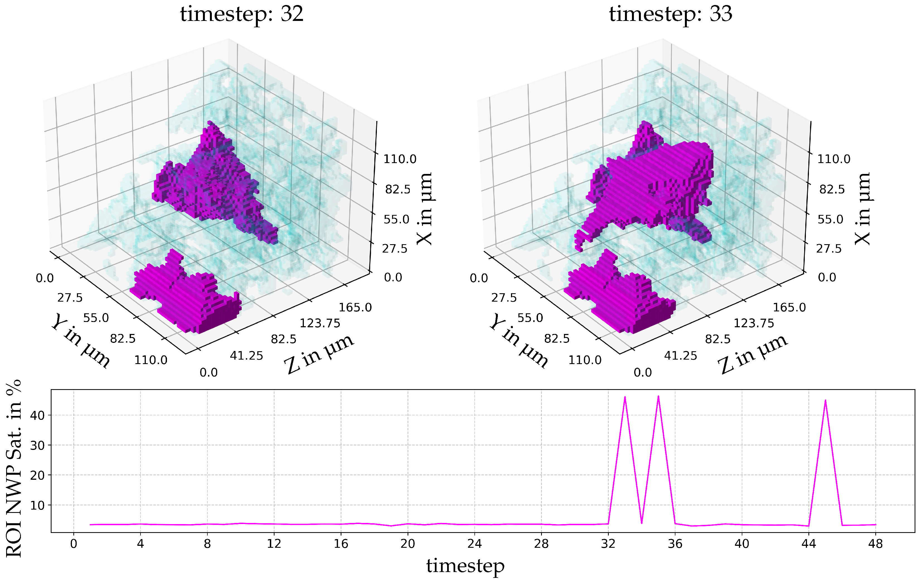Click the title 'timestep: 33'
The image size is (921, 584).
670,14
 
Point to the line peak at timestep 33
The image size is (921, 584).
625,397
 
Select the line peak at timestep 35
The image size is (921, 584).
658,396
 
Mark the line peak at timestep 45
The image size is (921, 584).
825,400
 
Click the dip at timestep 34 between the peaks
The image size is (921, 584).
641,523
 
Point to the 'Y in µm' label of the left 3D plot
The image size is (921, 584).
80,340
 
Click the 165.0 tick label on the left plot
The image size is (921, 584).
355,307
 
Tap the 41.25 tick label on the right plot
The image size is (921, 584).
680,356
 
